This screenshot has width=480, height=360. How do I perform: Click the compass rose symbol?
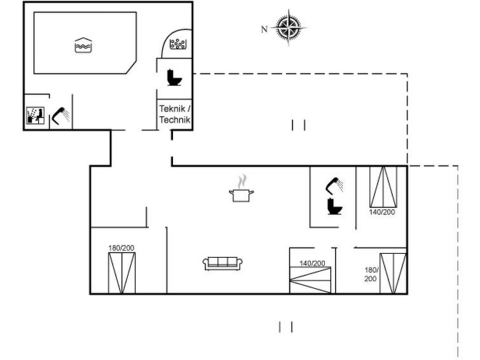[289, 27]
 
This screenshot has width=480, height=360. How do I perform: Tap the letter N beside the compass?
[264, 29]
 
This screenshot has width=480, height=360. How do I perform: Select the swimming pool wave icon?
[83, 45]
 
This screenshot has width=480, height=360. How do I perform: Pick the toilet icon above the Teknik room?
[174, 77]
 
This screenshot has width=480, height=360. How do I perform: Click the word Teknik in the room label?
[173, 109]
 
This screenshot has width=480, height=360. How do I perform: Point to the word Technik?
[175, 120]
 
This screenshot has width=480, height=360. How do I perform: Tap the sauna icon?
[35, 115]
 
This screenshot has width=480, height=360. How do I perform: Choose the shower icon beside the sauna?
[60, 115]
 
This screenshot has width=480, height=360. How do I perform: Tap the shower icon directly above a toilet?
[334, 185]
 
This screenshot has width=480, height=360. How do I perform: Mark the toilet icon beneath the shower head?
[334, 206]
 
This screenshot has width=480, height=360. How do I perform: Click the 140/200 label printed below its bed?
[382, 212]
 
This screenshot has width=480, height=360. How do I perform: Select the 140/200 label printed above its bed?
[312, 263]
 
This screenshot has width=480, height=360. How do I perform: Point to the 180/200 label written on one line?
[121, 247]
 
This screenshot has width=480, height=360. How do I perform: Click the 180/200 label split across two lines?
[371, 274]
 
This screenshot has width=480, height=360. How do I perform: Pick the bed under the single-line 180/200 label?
[121, 272]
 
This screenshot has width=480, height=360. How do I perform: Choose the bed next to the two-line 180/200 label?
[393, 273]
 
